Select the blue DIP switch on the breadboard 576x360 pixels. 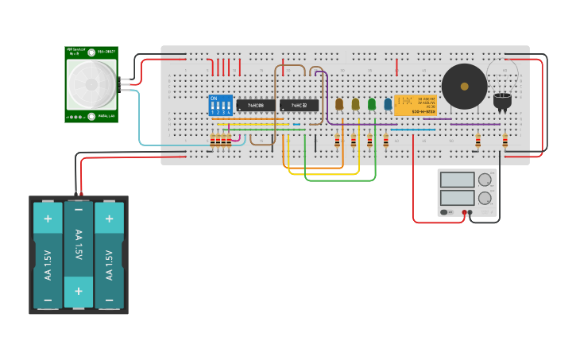221,105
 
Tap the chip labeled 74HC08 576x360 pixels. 256,105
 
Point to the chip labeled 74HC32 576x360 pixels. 299,105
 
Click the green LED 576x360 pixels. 372,104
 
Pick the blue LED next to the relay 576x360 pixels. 388,104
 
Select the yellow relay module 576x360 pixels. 415,106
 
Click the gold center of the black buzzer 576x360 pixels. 465,87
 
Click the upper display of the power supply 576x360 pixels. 457,180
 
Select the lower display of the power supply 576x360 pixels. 457,197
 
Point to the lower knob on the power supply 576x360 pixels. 484,198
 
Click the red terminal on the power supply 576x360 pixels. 462,212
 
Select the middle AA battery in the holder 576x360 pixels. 78,254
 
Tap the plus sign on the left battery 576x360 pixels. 48,219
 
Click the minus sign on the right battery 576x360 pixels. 109,300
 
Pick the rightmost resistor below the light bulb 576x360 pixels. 504,141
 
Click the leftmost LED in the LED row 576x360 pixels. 339,104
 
